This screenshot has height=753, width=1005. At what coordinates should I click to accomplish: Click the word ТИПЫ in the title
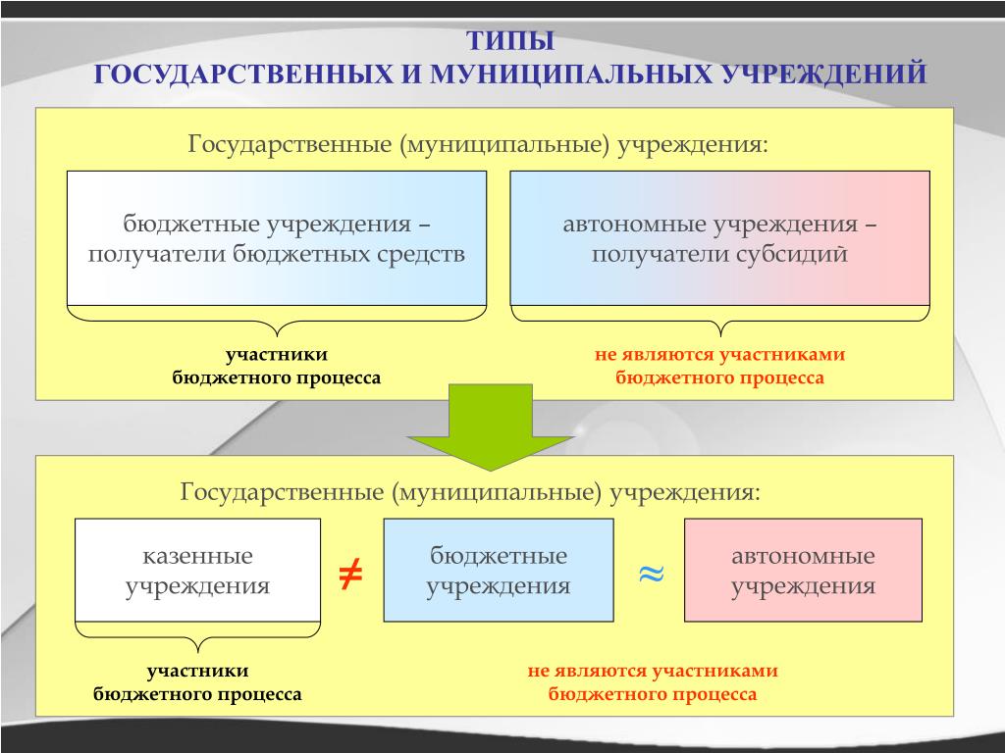click(509, 41)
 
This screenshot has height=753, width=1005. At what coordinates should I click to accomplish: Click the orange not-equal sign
click(350, 573)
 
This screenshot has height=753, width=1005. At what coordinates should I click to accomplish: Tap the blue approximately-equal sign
click(652, 574)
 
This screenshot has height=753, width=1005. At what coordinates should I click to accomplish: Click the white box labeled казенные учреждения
click(197, 570)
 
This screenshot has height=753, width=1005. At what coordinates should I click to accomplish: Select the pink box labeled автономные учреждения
click(803, 570)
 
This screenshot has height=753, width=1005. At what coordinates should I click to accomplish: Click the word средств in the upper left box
click(420, 254)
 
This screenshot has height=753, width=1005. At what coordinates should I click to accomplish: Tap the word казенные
click(197, 556)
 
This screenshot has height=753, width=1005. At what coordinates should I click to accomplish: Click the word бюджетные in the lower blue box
click(499, 555)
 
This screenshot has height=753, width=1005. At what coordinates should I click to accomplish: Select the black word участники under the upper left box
click(276, 355)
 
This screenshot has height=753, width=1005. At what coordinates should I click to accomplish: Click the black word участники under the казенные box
click(197, 671)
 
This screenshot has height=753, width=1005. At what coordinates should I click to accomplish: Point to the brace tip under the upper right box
click(720, 335)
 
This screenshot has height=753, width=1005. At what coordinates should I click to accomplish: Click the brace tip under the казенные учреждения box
click(197, 651)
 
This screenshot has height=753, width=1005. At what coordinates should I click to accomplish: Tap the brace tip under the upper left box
click(277, 335)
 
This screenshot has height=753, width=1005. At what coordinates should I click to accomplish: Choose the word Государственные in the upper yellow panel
click(290, 144)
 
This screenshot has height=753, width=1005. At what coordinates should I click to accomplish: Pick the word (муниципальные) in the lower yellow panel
click(497, 492)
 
